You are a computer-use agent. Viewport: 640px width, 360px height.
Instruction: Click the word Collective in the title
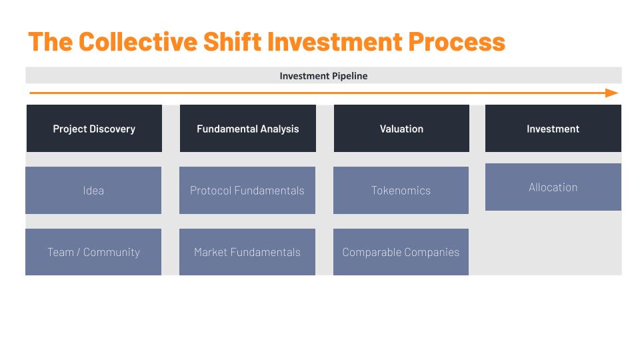(138, 41)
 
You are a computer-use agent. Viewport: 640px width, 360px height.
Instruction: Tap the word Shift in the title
(232, 41)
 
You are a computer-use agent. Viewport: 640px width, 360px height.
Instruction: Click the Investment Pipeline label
(323, 76)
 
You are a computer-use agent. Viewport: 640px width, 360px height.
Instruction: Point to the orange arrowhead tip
(618, 93)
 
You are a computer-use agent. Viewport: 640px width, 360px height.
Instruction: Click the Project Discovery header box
(94, 129)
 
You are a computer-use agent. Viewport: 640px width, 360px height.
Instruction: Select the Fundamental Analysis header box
(248, 129)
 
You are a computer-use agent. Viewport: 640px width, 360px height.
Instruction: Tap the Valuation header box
(401, 129)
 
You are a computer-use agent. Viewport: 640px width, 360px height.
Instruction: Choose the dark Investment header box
(553, 129)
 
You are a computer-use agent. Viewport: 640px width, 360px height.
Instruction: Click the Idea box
(93, 190)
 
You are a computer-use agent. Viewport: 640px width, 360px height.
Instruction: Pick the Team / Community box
(93, 252)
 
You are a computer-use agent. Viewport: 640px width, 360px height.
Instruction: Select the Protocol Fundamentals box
(247, 190)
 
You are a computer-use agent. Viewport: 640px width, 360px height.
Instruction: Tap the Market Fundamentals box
(247, 252)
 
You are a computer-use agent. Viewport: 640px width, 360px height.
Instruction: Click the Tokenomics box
(401, 190)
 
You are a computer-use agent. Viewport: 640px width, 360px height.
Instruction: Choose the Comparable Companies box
(401, 252)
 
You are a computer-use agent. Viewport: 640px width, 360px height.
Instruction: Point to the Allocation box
(553, 187)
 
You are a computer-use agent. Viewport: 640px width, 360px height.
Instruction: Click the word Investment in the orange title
(335, 42)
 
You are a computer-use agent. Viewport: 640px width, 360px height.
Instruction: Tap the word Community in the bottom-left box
(111, 252)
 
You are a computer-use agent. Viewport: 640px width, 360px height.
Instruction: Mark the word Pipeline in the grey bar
(349, 76)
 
